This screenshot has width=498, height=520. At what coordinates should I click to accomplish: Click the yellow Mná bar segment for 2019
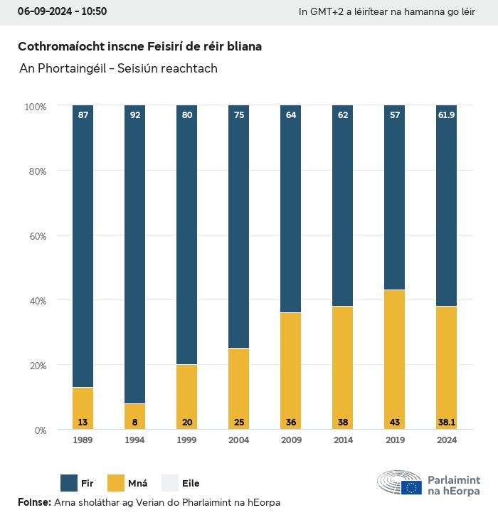tap(394, 359)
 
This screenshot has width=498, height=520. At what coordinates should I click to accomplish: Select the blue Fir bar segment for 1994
tap(135, 255)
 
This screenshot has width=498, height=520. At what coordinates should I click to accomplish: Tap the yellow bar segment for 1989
tap(83, 408)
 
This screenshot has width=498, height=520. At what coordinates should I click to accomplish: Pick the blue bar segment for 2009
tap(291, 209)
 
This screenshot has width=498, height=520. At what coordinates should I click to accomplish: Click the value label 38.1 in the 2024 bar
tap(446, 423)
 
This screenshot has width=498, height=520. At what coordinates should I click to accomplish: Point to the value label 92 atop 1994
tap(135, 115)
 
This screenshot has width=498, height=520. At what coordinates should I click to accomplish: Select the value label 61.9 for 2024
tap(446, 115)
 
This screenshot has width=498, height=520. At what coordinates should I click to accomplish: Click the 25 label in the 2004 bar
tap(239, 423)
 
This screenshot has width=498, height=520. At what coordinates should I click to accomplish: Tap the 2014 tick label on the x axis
tap(343, 440)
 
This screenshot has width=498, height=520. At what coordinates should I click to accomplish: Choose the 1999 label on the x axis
tap(187, 440)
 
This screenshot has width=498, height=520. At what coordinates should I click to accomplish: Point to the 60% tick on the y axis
tap(36, 236)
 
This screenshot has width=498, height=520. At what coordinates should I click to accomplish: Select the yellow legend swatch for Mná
tap(116, 483)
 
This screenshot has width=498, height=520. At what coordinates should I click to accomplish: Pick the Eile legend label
tap(191, 484)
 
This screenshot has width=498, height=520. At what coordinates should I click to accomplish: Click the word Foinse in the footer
tap(33, 502)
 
